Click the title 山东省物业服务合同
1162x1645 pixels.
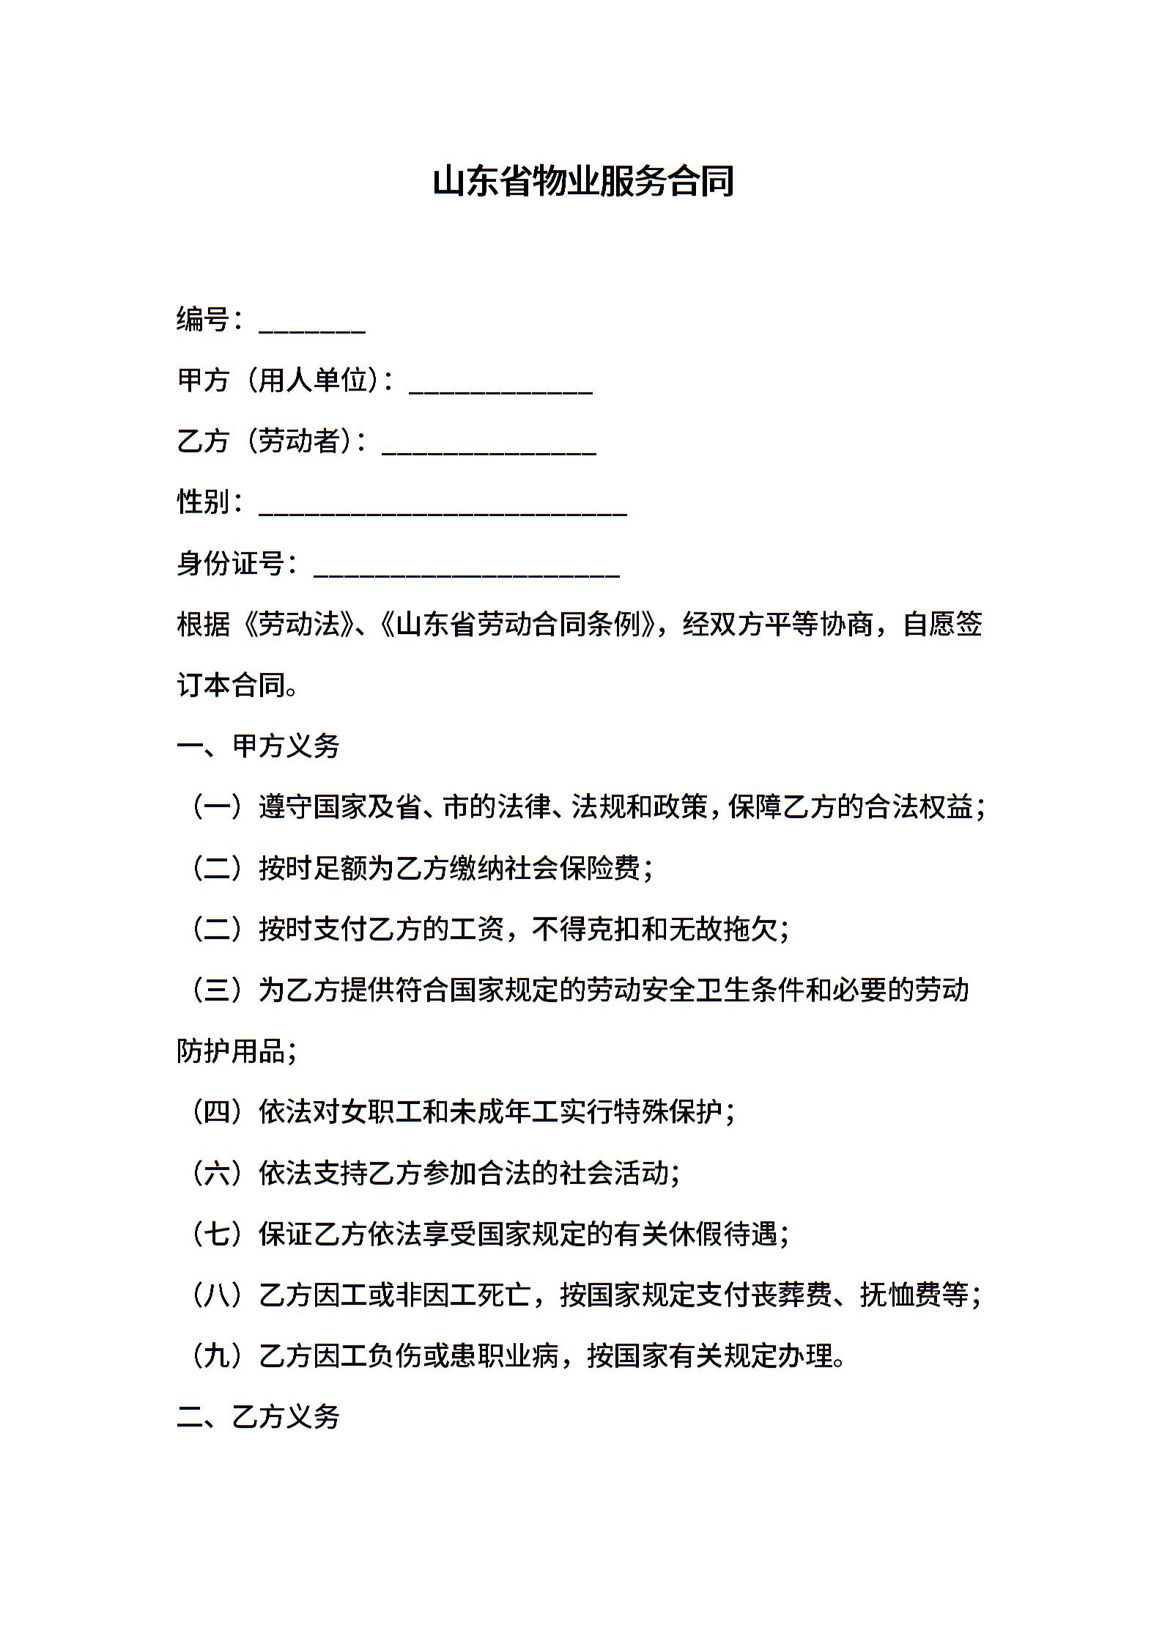[582, 182]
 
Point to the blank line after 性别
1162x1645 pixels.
[443, 512]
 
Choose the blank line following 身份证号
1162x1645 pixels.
[467, 573]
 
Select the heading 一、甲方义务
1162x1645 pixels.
[258, 746]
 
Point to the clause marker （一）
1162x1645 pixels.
[217, 807]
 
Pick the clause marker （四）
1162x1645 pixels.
[217, 1112]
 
